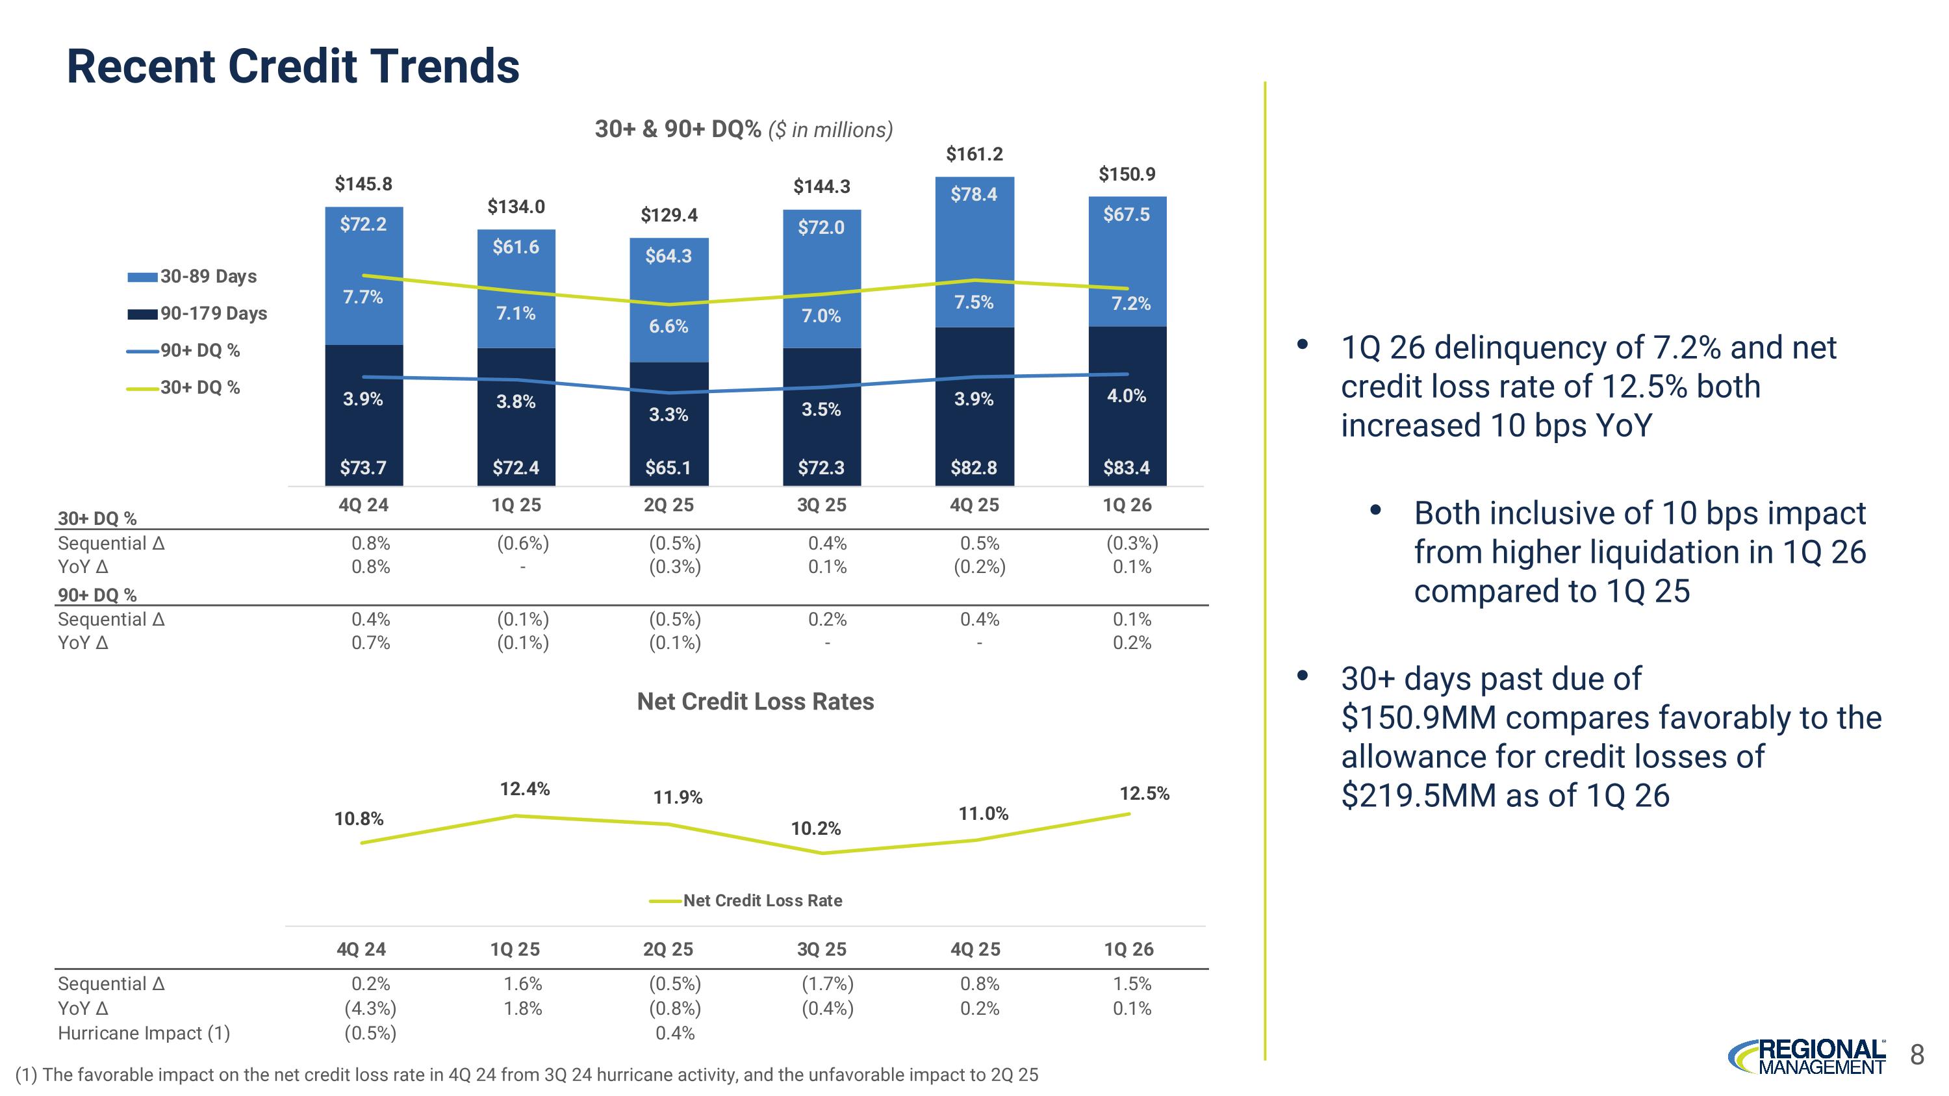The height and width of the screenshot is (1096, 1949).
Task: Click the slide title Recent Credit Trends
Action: click(293, 66)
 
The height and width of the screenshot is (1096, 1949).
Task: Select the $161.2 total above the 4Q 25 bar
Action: click(974, 155)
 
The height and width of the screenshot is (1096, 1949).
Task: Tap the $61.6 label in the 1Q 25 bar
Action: click(516, 247)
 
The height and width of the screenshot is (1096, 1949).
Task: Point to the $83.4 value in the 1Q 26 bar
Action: click(1127, 468)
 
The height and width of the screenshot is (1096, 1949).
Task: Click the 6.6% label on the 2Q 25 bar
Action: click(669, 326)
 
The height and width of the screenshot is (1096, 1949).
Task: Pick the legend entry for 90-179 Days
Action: click(197, 313)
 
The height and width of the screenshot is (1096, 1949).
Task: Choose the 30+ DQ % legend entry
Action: click(183, 387)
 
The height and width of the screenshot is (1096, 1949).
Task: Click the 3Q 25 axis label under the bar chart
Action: click(822, 505)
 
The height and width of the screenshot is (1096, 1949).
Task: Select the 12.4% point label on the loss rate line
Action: click(525, 789)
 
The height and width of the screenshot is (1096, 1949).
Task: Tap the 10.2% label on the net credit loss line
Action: click(815, 828)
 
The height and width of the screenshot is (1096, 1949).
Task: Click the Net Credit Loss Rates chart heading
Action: click(755, 701)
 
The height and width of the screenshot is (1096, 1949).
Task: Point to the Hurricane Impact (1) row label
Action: click(144, 1033)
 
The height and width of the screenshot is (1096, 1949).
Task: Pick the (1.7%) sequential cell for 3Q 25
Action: click(828, 984)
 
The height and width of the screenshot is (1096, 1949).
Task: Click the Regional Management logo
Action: click(1807, 1056)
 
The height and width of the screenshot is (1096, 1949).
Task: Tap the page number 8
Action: click(1917, 1054)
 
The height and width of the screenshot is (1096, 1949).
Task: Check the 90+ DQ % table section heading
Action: click(97, 595)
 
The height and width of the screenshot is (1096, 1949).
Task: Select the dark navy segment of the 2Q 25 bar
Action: click(669, 424)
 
